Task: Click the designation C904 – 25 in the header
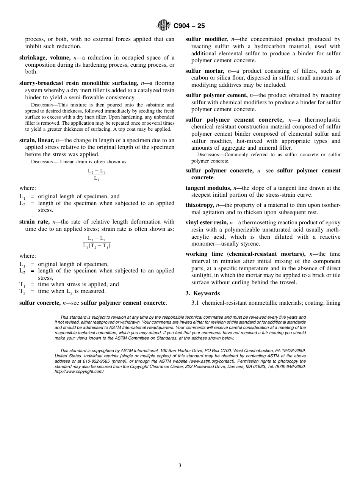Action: pos(189,26)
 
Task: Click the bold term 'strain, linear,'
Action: pos(36,140)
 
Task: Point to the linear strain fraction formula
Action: pos(97,174)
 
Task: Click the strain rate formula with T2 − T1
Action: pos(97,242)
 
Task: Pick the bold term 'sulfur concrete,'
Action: pos(40,303)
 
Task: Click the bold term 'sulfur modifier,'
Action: pos(207,39)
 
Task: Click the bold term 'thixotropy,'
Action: pos(200,205)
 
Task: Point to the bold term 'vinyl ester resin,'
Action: pos(207,223)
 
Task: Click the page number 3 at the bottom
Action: pos(180,466)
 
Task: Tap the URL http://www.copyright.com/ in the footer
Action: pos(79,372)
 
